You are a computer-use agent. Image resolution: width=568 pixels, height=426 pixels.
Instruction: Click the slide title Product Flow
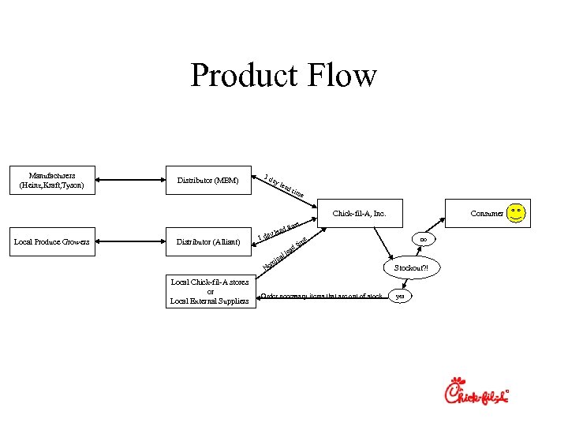point(283,76)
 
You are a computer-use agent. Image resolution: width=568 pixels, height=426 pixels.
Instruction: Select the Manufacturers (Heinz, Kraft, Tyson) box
point(50,181)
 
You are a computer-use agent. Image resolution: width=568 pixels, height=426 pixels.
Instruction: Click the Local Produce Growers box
point(50,241)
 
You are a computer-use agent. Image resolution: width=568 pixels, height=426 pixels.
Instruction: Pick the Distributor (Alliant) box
point(208,241)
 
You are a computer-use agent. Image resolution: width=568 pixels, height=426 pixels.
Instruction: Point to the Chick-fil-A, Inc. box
point(359,213)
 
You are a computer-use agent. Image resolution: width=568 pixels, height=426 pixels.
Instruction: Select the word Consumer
point(487,213)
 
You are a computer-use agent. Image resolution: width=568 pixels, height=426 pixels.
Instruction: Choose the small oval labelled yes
point(400,297)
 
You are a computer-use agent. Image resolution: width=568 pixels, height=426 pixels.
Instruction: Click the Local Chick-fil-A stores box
point(209,290)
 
